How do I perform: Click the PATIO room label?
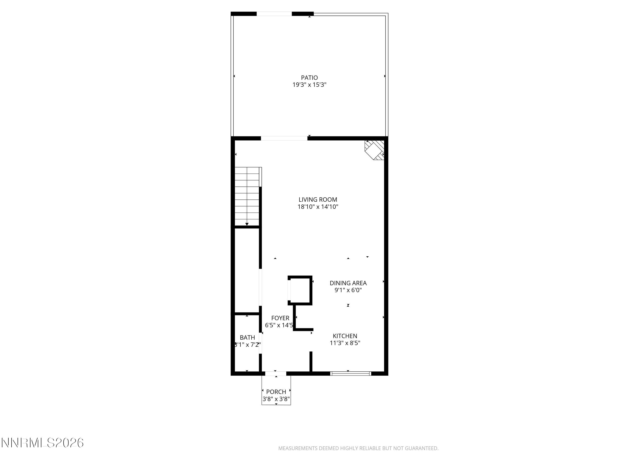(x=309, y=77)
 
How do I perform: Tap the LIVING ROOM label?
(x=318, y=200)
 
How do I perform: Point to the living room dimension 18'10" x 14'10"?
(x=318, y=207)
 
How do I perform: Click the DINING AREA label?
(x=348, y=283)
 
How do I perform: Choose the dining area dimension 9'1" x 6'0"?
(x=348, y=290)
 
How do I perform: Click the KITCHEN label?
(x=345, y=336)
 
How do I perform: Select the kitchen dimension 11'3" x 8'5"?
(x=345, y=343)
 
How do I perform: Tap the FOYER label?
(x=280, y=318)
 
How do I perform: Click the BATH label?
(x=247, y=338)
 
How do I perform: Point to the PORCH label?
(x=276, y=392)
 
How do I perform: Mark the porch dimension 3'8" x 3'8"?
(x=276, y=399)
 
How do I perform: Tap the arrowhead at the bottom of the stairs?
(x=247, y=224)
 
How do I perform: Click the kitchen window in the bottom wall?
(x=350, y=373)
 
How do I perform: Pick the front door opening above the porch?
(x=276, y=373)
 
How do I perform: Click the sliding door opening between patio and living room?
(x=284, y=138)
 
